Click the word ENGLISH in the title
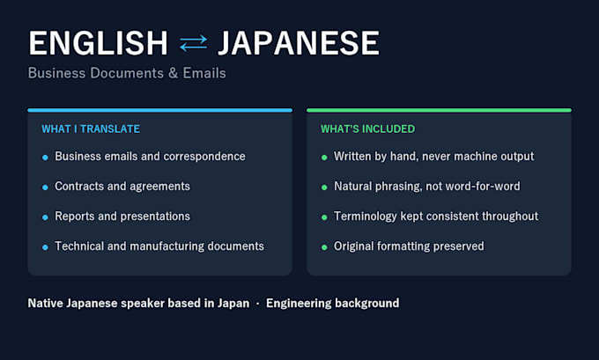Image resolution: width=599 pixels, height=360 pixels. point(98,43)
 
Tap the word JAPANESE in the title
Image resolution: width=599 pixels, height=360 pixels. point(299,43)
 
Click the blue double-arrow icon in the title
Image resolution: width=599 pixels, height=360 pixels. point(193,43)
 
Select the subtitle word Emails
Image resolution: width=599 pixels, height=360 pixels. point(204,73)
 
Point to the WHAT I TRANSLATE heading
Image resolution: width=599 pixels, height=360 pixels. point(91,129)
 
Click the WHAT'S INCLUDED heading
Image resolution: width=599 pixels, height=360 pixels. point(368,129)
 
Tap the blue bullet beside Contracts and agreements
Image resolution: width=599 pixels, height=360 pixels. point(45,187)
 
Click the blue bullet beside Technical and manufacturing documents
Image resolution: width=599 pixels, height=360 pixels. point(45,247)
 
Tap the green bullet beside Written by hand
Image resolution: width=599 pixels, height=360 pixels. point(324,158)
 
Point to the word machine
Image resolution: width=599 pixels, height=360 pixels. point(474,156)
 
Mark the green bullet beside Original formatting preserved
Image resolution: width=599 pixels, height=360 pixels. point(324,247)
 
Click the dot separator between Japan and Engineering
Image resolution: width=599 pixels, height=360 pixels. point(258,304)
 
